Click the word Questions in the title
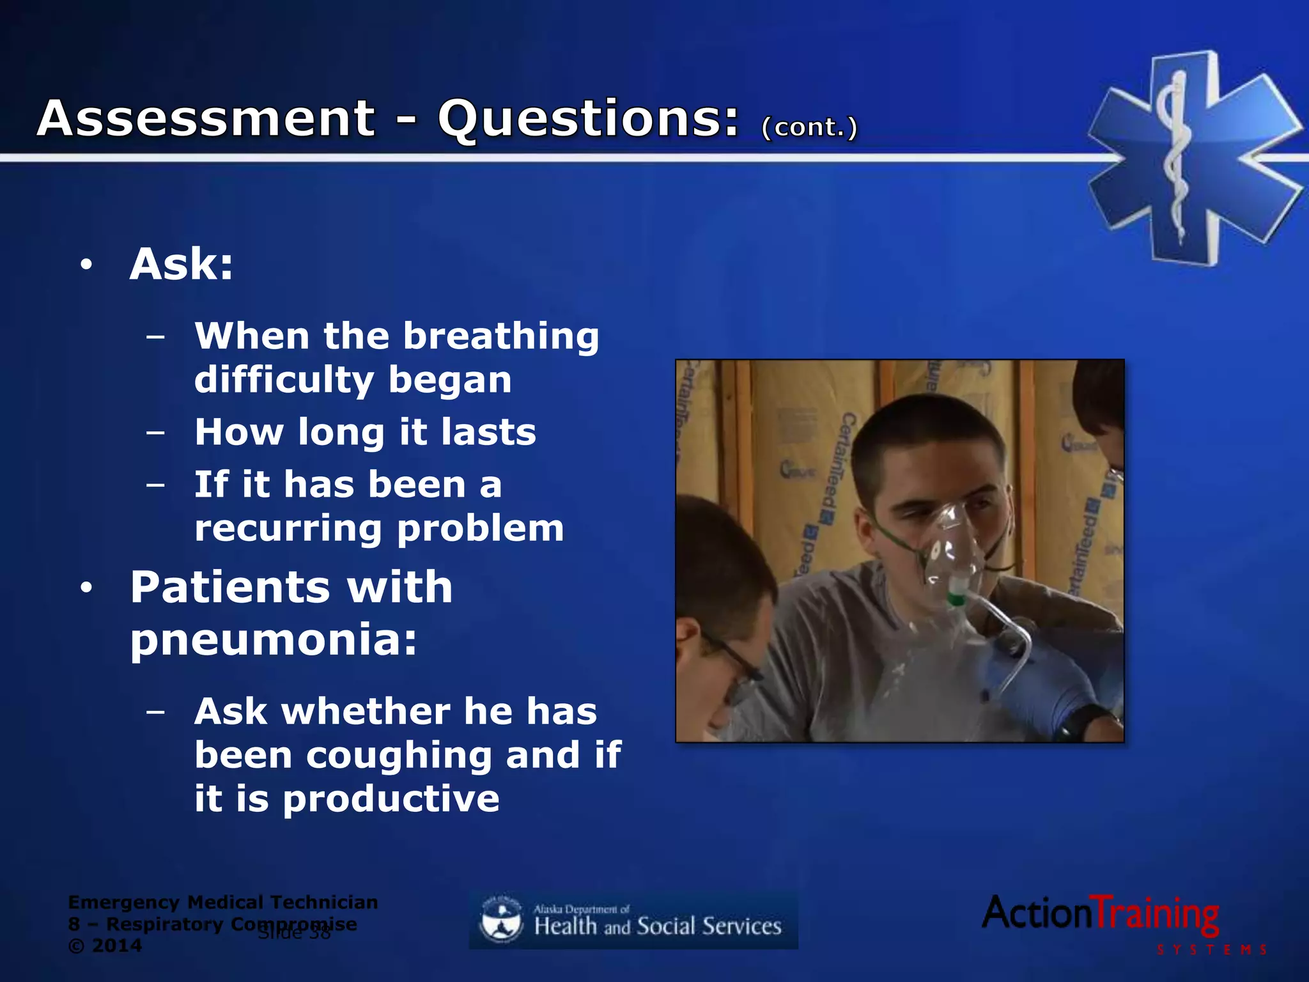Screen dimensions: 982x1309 tap(587, 120)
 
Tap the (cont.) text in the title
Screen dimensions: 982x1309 tap(809, 127)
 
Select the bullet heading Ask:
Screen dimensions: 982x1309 tap(182, 264)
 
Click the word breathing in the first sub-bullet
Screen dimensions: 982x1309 tap(500, 336)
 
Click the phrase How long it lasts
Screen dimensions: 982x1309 tap(365, 432)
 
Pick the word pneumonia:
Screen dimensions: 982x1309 tap(274, 639)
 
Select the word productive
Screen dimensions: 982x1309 tap(391, 799)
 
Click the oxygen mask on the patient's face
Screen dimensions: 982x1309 tap(952, 550)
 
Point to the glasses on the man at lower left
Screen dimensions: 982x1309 tap(735, 659)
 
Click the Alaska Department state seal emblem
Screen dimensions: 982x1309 tap(501, 919)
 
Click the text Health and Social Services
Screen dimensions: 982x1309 tap(658, 926)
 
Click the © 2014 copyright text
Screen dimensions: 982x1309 tap(105, 946)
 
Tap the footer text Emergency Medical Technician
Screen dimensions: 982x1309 tap(222, 902)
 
